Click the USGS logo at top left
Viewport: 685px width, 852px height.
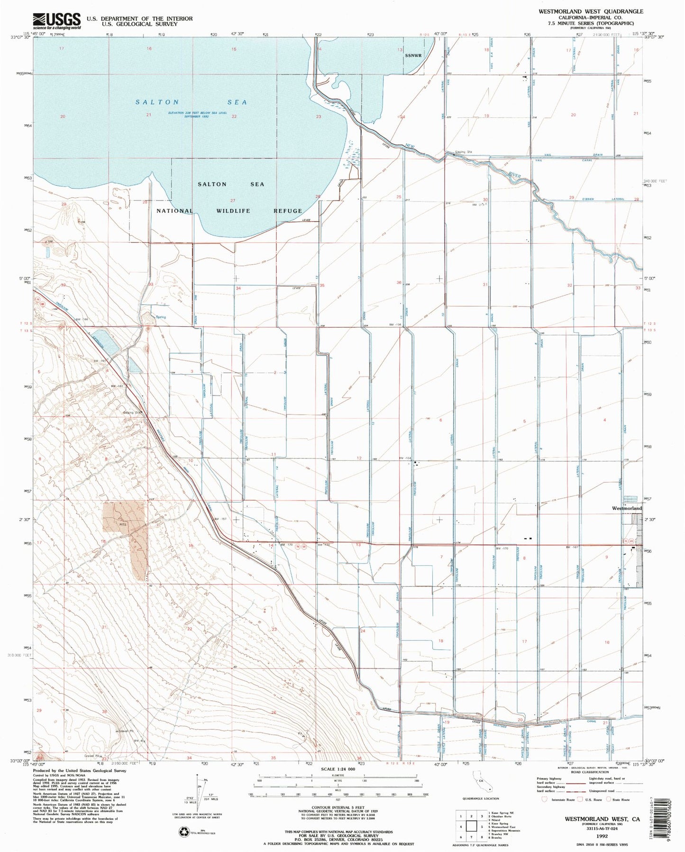click(x=56, y=21)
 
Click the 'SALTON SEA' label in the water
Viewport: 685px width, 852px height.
click(x=191, y=102)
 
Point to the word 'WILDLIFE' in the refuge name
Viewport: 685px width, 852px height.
click(x=233, y=211)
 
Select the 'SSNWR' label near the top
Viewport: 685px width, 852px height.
click(x=413, y=55)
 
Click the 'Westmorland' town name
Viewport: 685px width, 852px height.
click(x=627, y=508)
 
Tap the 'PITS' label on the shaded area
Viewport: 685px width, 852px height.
click(x=123, y=525)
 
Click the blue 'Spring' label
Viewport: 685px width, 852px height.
click(x=161, y=317)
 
